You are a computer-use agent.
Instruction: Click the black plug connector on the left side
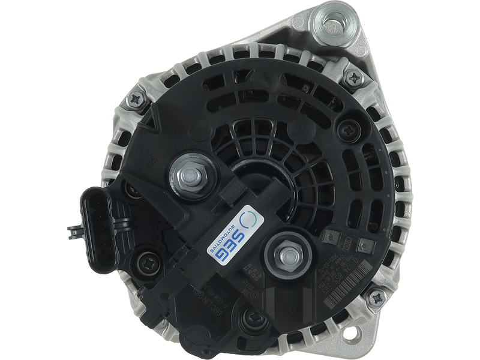(x=99, y=229)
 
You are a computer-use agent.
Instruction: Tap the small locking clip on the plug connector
(x=73, y=229)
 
